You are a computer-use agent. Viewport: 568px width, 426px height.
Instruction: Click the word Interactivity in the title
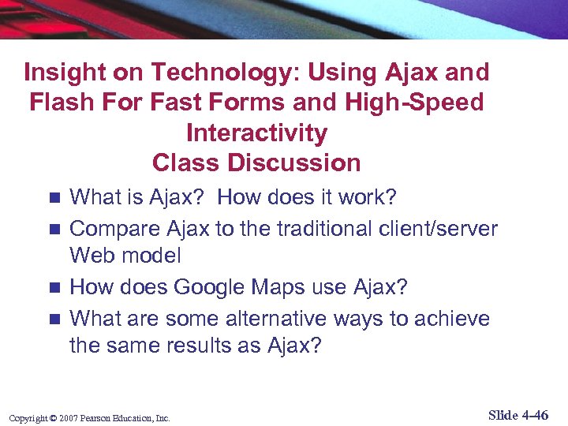click(256, 133)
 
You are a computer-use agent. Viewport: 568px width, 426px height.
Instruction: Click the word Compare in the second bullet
click(115, 229)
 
